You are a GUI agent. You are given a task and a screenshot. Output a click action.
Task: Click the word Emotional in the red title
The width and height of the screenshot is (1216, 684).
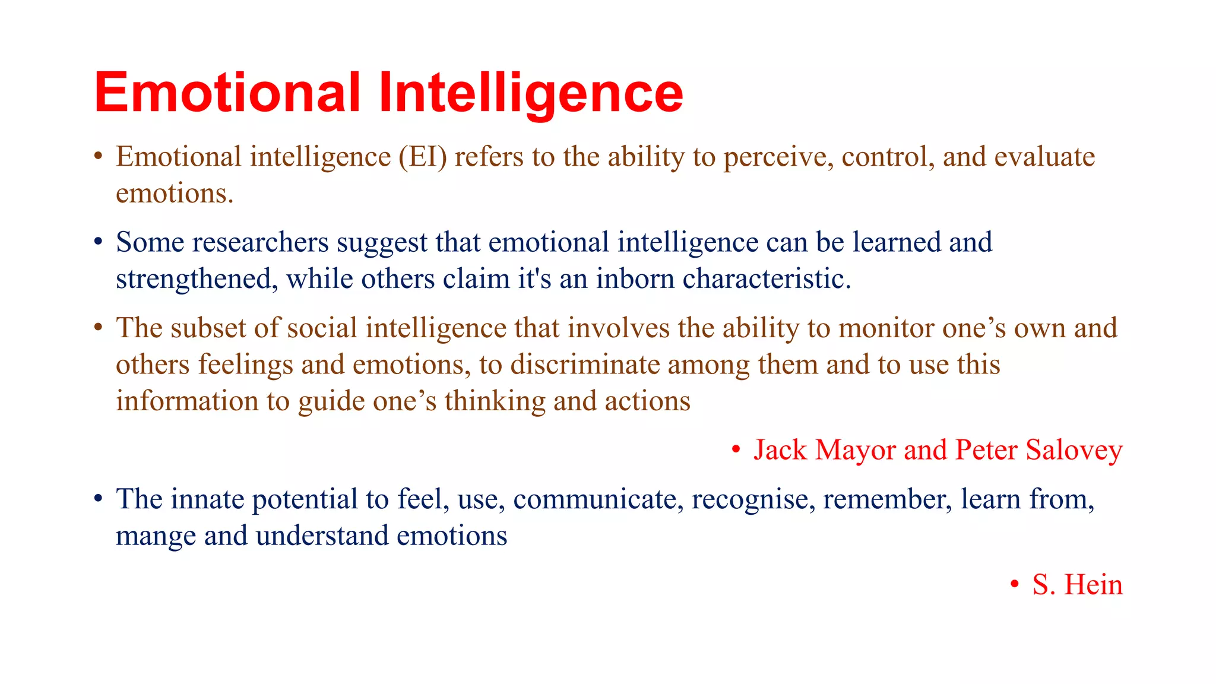(227, 93)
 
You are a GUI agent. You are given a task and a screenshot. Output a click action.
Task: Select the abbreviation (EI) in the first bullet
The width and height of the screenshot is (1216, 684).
(422, 157)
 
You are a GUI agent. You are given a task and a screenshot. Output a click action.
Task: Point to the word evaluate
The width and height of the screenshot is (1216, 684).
(1044, 157)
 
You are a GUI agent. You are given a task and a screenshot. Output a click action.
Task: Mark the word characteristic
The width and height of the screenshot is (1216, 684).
(766, 280)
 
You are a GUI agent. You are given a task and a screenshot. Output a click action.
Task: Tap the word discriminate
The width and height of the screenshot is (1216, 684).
(585, 365)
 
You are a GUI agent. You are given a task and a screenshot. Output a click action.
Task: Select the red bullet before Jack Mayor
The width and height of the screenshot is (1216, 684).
(736, 450)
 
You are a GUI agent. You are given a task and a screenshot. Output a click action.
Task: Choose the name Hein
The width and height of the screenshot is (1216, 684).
(1093, 585)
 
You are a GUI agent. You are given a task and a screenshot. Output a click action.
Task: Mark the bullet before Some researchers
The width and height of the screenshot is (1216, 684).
(99, 243)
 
